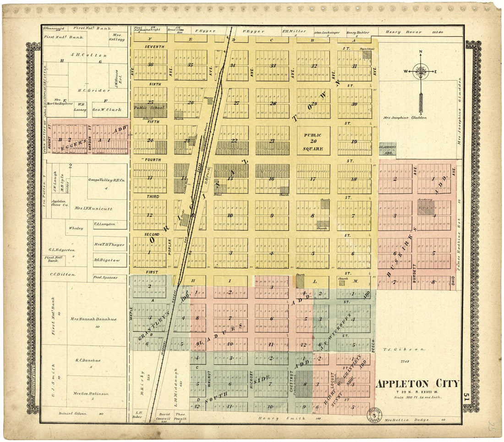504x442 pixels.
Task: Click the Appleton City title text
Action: [417, 383]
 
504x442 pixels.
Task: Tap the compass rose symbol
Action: [420, 71]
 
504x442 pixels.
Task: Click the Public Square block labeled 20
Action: [312, 142]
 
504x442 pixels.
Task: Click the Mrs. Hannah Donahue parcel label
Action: [93, 319]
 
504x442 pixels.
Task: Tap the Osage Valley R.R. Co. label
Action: [106, 180]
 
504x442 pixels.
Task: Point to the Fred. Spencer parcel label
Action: [106, 277]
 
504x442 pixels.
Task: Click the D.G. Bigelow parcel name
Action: [107, 260]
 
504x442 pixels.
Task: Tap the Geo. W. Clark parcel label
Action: [108, 110]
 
